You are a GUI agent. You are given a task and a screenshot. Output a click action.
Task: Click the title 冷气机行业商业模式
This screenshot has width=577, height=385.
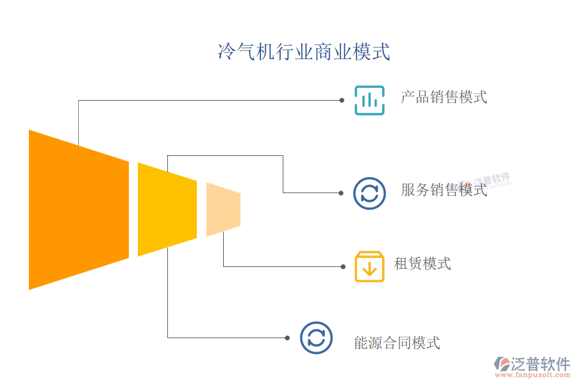pyautogui.click(x=304, y=52)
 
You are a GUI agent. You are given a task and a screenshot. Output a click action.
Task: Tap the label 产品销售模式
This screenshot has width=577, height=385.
pyautogui.click(x=444, y=98)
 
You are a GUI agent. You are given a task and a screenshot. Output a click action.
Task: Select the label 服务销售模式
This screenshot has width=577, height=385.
pyautogui.click(x=444, y=190)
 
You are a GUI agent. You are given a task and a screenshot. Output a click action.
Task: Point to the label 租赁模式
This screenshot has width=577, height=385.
pyautogui.click(x=422, y=264)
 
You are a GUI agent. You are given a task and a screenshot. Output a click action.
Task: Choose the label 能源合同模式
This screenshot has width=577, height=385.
pyautogui.click(x=397, y=343)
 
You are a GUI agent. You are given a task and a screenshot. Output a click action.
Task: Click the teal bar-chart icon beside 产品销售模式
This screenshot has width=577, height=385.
pyautogui.click(x=369, y=100)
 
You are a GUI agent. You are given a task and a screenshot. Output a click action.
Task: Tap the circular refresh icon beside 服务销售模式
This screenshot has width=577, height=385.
pyautogui.click(x=369, y=193)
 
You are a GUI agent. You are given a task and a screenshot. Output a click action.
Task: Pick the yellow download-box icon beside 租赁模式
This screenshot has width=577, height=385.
pyautogui.click(x=369, y=267)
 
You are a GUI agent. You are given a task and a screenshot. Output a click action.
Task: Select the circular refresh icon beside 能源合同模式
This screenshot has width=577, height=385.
pyautogui.click(x=316, y=338)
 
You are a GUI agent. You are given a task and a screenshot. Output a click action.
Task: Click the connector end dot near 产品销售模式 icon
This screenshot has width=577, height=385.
pyautogui.click(x=342, y=101)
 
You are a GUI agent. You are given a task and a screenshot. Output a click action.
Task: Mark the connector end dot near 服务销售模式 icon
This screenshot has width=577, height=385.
pyautogui.click(x=342, y=193)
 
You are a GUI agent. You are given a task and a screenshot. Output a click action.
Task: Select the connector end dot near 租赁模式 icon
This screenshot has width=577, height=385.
pyautogui.click(x=342, y=267)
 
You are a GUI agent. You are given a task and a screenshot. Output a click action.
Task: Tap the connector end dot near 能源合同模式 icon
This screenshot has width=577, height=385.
pyautogui.click(x=288, y=338)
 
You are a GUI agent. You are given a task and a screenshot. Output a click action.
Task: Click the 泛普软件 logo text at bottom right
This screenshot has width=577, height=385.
pyautogui.click(x=540, y=364)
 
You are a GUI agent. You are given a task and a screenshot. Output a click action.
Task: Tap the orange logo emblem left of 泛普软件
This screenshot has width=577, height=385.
pyautogui.click(x=501, y=364)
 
